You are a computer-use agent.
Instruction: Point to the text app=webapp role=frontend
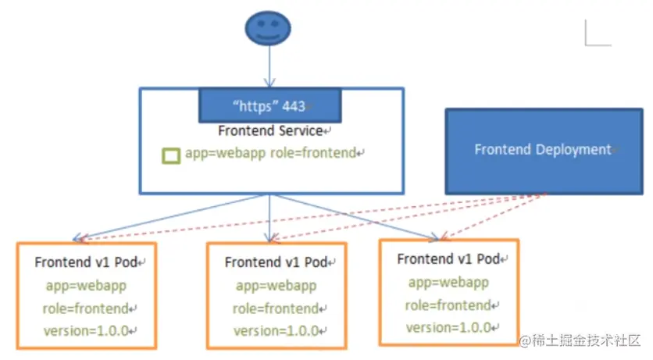[270, 153]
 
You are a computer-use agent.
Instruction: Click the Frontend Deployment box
[543, 150]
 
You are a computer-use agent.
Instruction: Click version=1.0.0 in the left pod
[86, 330]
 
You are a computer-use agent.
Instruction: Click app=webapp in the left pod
[83, 286]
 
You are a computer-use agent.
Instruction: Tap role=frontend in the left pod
[86, 308]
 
